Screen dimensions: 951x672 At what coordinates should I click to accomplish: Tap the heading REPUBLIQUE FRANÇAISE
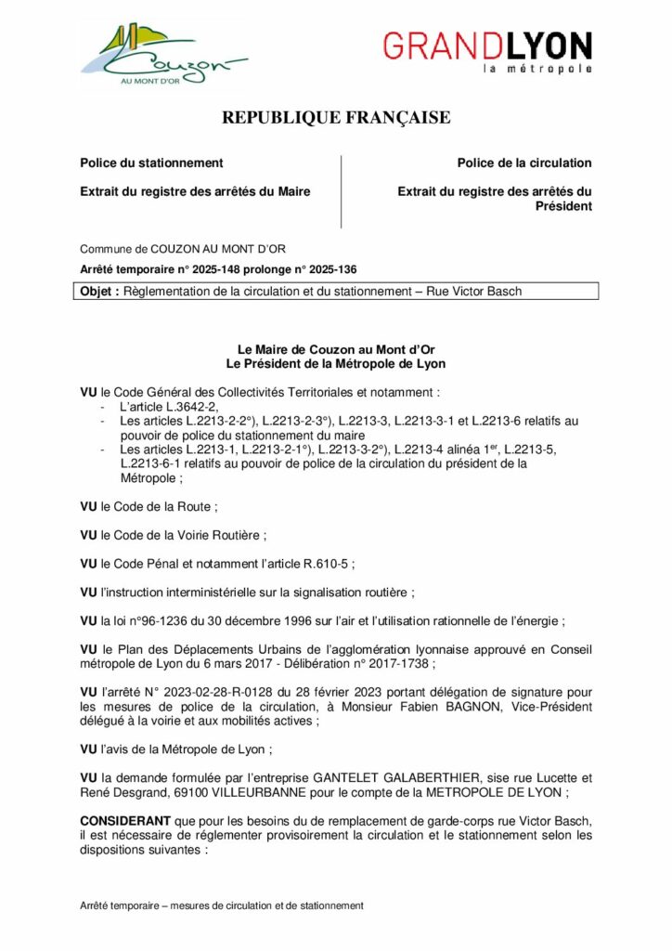click(x=336, y=118)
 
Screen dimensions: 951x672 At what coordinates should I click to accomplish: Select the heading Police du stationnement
click(x=151, y=163)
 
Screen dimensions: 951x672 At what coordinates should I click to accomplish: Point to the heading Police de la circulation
click(x=523, y=163)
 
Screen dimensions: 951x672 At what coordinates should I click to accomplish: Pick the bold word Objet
click(x=98, y=292)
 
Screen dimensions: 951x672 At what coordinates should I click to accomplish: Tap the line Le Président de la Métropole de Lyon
click(x=336, y=364)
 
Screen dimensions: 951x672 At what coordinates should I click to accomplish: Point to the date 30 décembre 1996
click(x=231, y=621)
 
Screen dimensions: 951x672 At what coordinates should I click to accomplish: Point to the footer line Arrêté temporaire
click(x=221, y=905)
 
